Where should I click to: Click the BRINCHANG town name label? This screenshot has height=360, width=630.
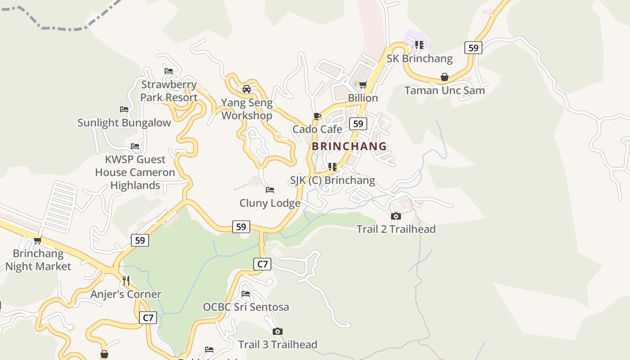click(349, 146)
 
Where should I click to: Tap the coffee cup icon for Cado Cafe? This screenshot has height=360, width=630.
click(317, 117)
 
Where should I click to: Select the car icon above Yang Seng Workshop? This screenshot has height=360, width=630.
click(247, 89)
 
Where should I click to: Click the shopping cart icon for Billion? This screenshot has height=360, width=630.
click(363, 85)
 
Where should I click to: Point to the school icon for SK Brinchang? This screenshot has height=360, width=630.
click(419, 45)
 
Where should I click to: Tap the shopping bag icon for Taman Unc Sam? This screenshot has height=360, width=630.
click(445, 77)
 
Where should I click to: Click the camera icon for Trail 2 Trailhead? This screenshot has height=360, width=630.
click(396, 216)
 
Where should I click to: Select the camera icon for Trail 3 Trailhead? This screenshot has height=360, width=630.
click(278, 332)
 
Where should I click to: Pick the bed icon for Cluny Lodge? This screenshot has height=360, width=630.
click(270, 190)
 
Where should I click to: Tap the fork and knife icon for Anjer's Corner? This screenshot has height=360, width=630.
click(126, 281)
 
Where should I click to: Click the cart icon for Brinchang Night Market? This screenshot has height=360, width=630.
click(38, 241)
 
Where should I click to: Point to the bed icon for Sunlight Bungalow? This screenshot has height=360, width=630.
click(124, 109)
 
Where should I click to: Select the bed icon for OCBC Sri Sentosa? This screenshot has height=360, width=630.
click(246, 294)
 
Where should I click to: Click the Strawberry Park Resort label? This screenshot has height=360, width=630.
click(169, 91)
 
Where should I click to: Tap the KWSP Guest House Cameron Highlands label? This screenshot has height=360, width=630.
click(135, 172)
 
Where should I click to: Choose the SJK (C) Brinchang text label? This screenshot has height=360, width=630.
click(332, 180)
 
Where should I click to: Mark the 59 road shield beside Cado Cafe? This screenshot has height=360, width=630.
click(358, 124)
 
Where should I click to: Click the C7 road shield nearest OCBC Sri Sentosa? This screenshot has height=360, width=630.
click(262, 264)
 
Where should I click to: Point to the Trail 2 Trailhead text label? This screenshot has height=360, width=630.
click(396, 229)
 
